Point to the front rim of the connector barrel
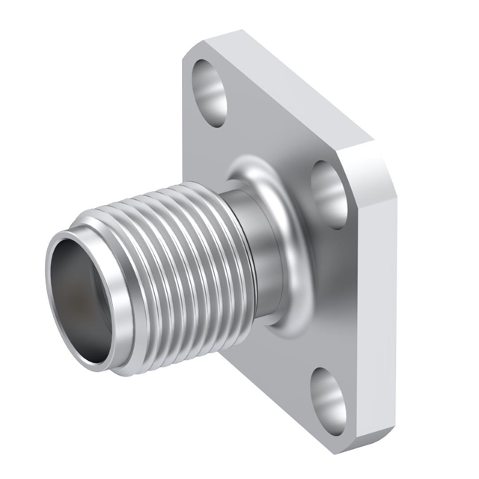(x=56, y=314)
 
